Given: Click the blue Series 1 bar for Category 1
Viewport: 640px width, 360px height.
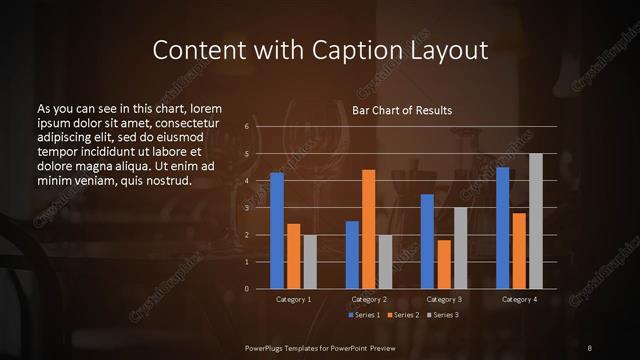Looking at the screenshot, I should [277, 231].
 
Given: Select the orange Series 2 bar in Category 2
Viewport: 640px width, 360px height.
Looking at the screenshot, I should [368, 229].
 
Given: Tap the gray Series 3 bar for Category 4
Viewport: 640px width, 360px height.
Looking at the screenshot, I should [535, 221].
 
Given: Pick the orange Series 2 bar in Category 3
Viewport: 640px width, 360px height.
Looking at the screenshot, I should [444, 264].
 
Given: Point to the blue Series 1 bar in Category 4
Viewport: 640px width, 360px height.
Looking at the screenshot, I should [503, 228].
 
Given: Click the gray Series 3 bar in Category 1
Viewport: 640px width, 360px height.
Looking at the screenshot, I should [310, 262].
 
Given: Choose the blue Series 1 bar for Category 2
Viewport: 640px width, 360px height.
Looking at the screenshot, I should [352, 255].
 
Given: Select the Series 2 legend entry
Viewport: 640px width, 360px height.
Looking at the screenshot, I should [403, 315].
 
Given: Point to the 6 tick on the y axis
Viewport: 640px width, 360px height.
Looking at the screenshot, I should [247, 127].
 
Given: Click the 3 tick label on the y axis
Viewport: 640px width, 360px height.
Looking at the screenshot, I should [247, 208].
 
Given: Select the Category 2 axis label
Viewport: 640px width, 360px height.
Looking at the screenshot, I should [368, 299].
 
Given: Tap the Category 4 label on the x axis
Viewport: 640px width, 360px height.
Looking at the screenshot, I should [519, 299].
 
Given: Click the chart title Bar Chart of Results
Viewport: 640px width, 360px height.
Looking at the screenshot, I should [403, 109].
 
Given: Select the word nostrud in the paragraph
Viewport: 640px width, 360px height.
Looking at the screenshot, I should [166, 180].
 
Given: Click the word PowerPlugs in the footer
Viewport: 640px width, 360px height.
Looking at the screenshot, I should [268, 346].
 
